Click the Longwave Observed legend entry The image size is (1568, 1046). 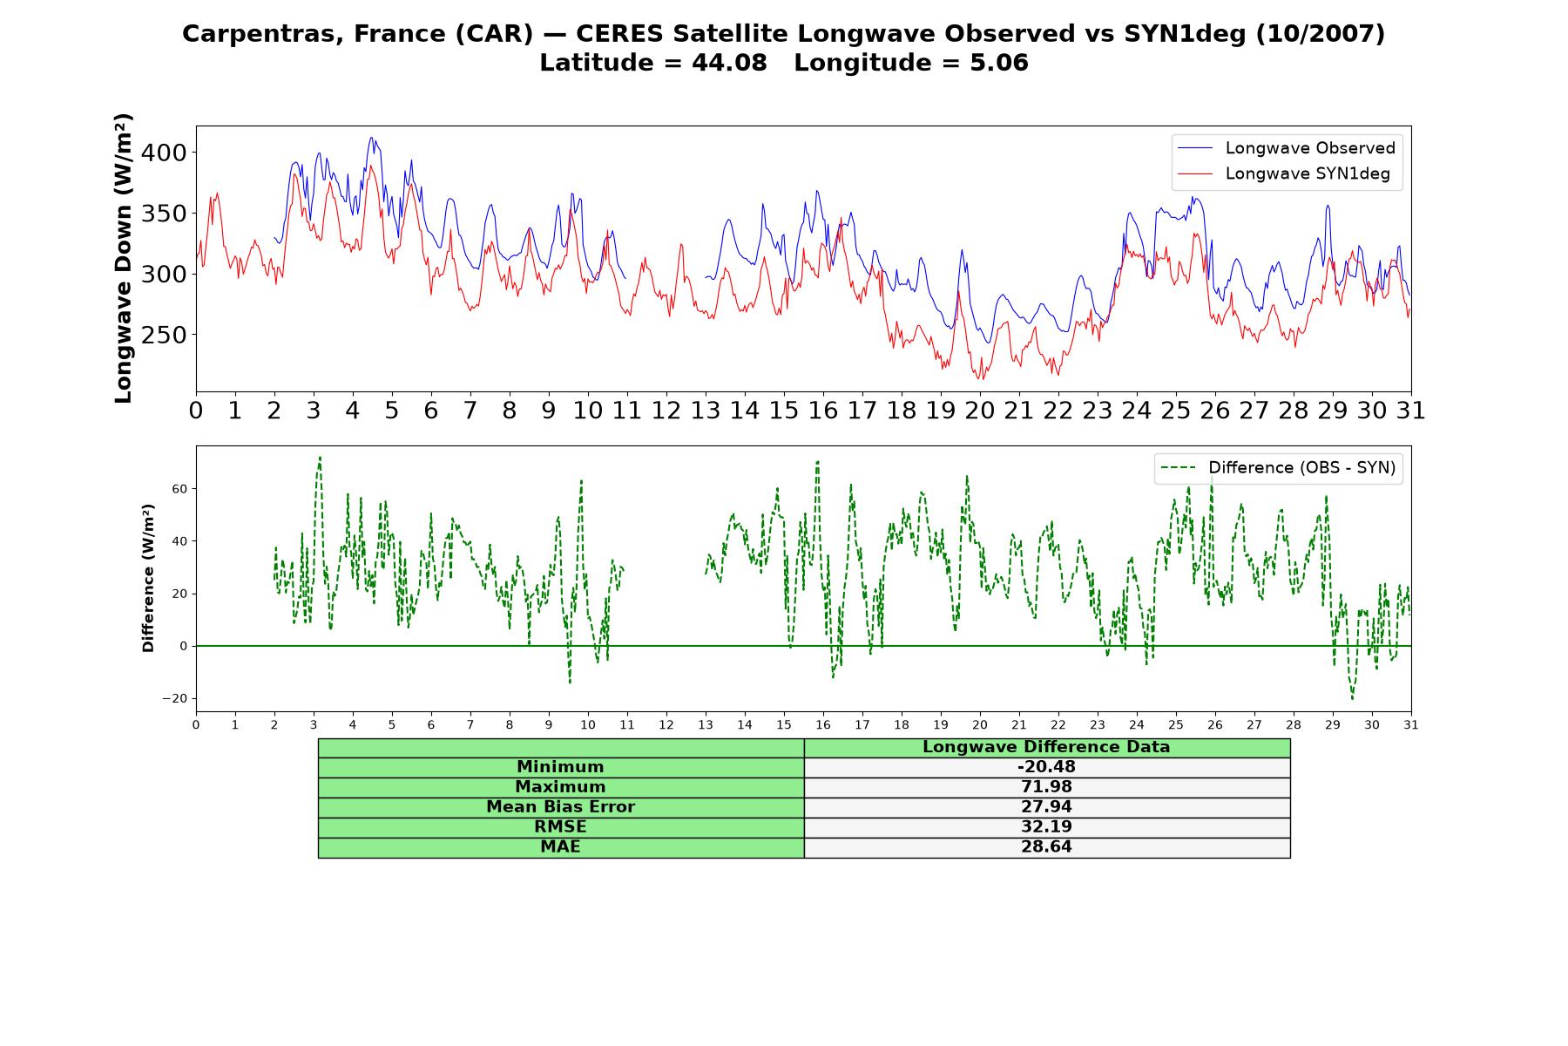click(1287, 148)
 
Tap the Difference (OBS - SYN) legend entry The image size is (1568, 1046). click(1278, 468)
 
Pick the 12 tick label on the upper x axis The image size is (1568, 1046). click(666, 410)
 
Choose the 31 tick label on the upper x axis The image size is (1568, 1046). click(1411, 410)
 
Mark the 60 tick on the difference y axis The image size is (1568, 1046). click(179, 489)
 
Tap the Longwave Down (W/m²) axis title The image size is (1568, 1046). click(124, 258)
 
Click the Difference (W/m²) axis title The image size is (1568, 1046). click(148, 578)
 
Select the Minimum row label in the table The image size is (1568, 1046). click(560, 767)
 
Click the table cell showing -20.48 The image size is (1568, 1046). click(1046, 767)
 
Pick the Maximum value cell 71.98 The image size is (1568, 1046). click(1046, 787)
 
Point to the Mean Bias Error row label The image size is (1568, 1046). click(560, 807)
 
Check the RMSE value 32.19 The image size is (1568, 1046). click(1046, 827)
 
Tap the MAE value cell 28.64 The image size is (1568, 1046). click(1046, 847)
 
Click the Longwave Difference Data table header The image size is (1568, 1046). click(1046, 747)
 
